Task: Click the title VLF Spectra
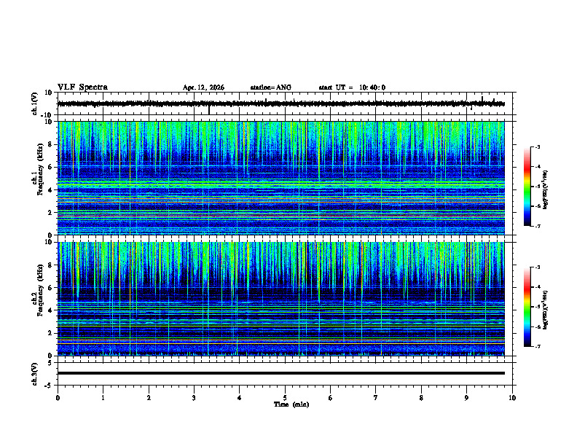[82, 87]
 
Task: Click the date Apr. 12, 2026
[203, 87]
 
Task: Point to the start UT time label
[352, 87]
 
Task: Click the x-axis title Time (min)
[291, 404]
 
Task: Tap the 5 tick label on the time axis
[285, 397]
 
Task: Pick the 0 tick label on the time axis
[58, 397]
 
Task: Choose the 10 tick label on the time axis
[512, 397]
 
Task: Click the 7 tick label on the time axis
[375, 397]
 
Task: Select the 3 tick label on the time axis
[194, 397]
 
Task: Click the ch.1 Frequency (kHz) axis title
[37, 179]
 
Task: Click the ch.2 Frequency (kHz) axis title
[37, 299]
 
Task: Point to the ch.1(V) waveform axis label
[35, 104]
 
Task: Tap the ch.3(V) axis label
[35, 373]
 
